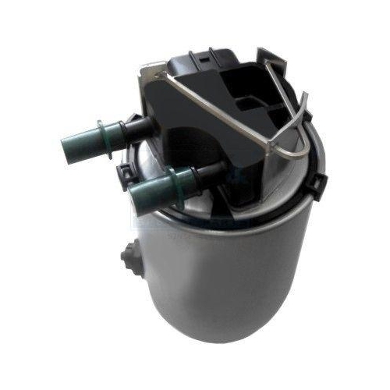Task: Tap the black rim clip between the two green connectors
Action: pos(122,168)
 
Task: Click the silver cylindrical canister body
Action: pos(234,265)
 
